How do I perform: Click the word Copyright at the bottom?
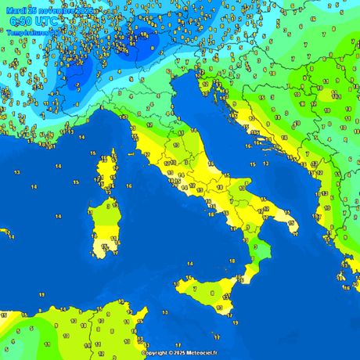coord(157,353)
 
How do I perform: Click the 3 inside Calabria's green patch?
coord(256,247)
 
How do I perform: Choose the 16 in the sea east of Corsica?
coord(128,186)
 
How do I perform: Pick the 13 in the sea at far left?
coord(34,186)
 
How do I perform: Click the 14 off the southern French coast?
coord(82,137)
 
